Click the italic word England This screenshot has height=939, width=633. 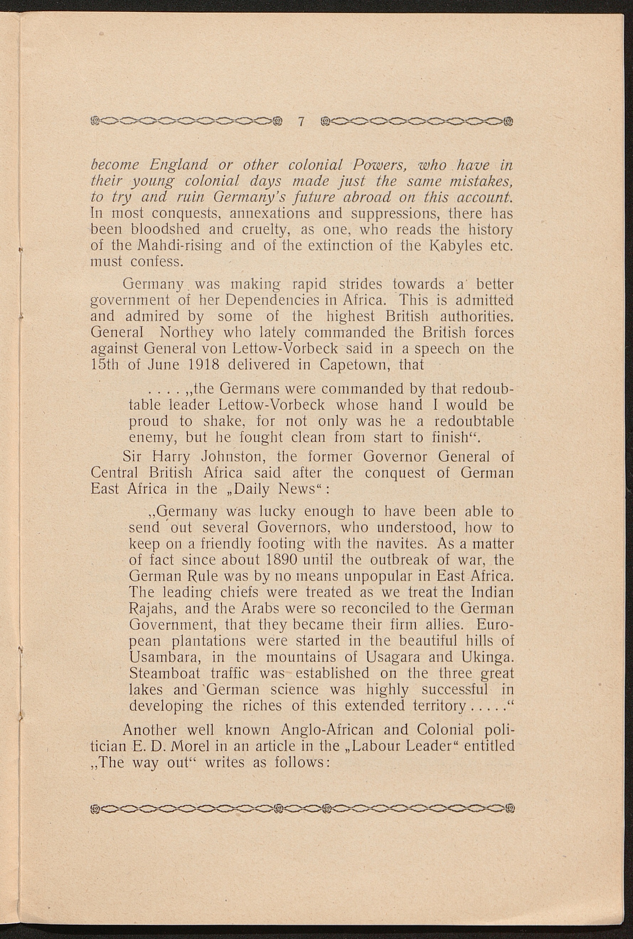(x=179, y=165)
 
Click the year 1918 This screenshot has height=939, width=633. (x=204, y=365)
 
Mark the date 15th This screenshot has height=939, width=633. (x=105, y=365)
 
